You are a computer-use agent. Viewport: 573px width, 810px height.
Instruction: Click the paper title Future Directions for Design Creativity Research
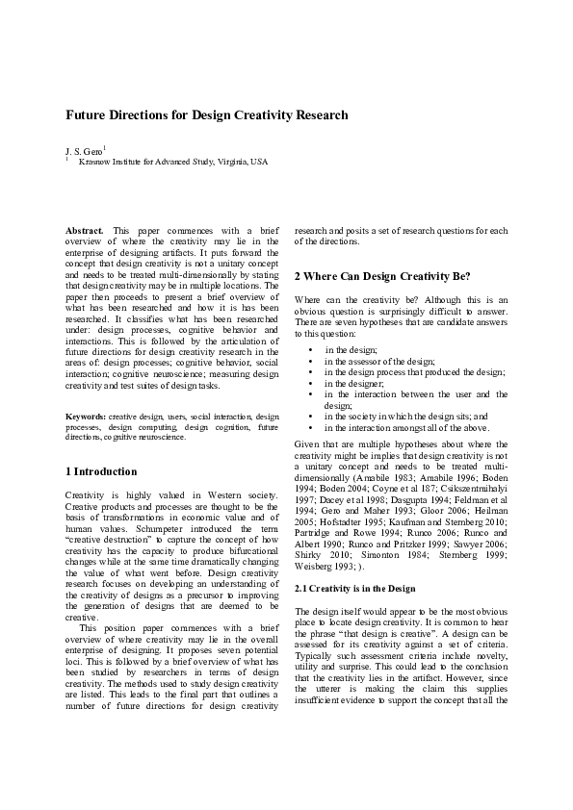point(206,115)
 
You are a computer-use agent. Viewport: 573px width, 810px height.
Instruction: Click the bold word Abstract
point(85,232)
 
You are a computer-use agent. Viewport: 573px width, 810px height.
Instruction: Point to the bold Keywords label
point(86,416)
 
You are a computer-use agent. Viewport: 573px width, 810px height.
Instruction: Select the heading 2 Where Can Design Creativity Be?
point(382,276)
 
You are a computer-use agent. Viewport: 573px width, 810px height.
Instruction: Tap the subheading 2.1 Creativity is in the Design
point(354,588)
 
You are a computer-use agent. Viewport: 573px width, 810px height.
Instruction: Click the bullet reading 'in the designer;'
point(353,383)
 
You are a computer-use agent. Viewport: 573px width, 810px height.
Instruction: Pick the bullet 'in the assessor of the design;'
point(381,361)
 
